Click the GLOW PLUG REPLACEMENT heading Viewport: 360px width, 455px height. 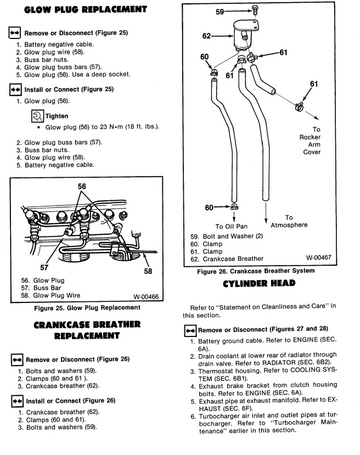pyautogui.click(x=85, y=9)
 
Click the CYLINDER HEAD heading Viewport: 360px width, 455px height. pyautogui.click(x=259, y=283)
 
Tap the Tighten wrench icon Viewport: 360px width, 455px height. pyautogui.click(x=37, y=116)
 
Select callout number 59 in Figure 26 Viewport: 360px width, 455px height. pyautogui.click(x=220, y=12)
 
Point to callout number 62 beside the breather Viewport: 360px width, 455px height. pyautogui.click(x=206, y=36)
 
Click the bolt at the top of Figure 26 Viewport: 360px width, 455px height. pyautogui.click(x=255, y=10)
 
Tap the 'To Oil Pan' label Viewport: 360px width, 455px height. pyautogui.click(x=231, y=226)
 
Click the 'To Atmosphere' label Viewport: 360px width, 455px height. pyautogui.click(x=289, y=221)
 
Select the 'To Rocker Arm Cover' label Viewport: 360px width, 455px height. pyautogui.click(x=310, y=141)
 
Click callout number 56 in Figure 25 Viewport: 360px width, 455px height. pyautogui.click(x=82, y=186)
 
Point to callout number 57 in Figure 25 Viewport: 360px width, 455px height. pyautogui.click(x=44, y=267)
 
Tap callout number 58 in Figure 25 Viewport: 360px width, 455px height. pyautogui.click(x=148, y=271)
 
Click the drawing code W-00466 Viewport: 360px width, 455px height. pyautogui.click(x=146, y=296)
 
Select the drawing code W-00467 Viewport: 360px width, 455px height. pyautogui.click(x=319, y=257)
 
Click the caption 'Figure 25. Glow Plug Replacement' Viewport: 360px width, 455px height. pyautogui.click(x=87, y=308)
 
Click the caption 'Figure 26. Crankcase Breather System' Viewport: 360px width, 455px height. pyautogui.click(x=256, y=271)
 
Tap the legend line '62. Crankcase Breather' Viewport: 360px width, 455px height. pyautogui.click(x=227, y=259)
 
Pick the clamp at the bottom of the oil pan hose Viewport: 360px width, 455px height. pyautogui.click(x=234, y=207)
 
